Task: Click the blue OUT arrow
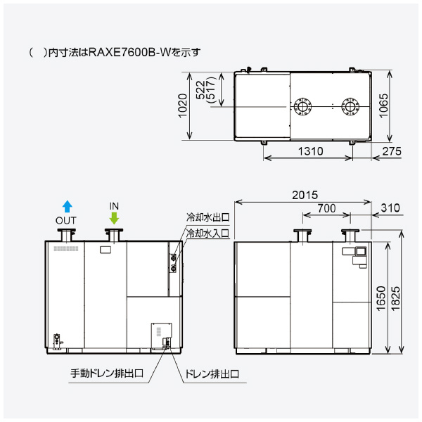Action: [67, 205]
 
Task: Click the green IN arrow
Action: [114, 217]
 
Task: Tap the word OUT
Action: [66, 220]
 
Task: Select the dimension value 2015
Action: [305, 194]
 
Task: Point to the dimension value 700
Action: [326, 208]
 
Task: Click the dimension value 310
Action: [389, 208]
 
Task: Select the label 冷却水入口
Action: [207, 232]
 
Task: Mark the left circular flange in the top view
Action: [303, 108]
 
